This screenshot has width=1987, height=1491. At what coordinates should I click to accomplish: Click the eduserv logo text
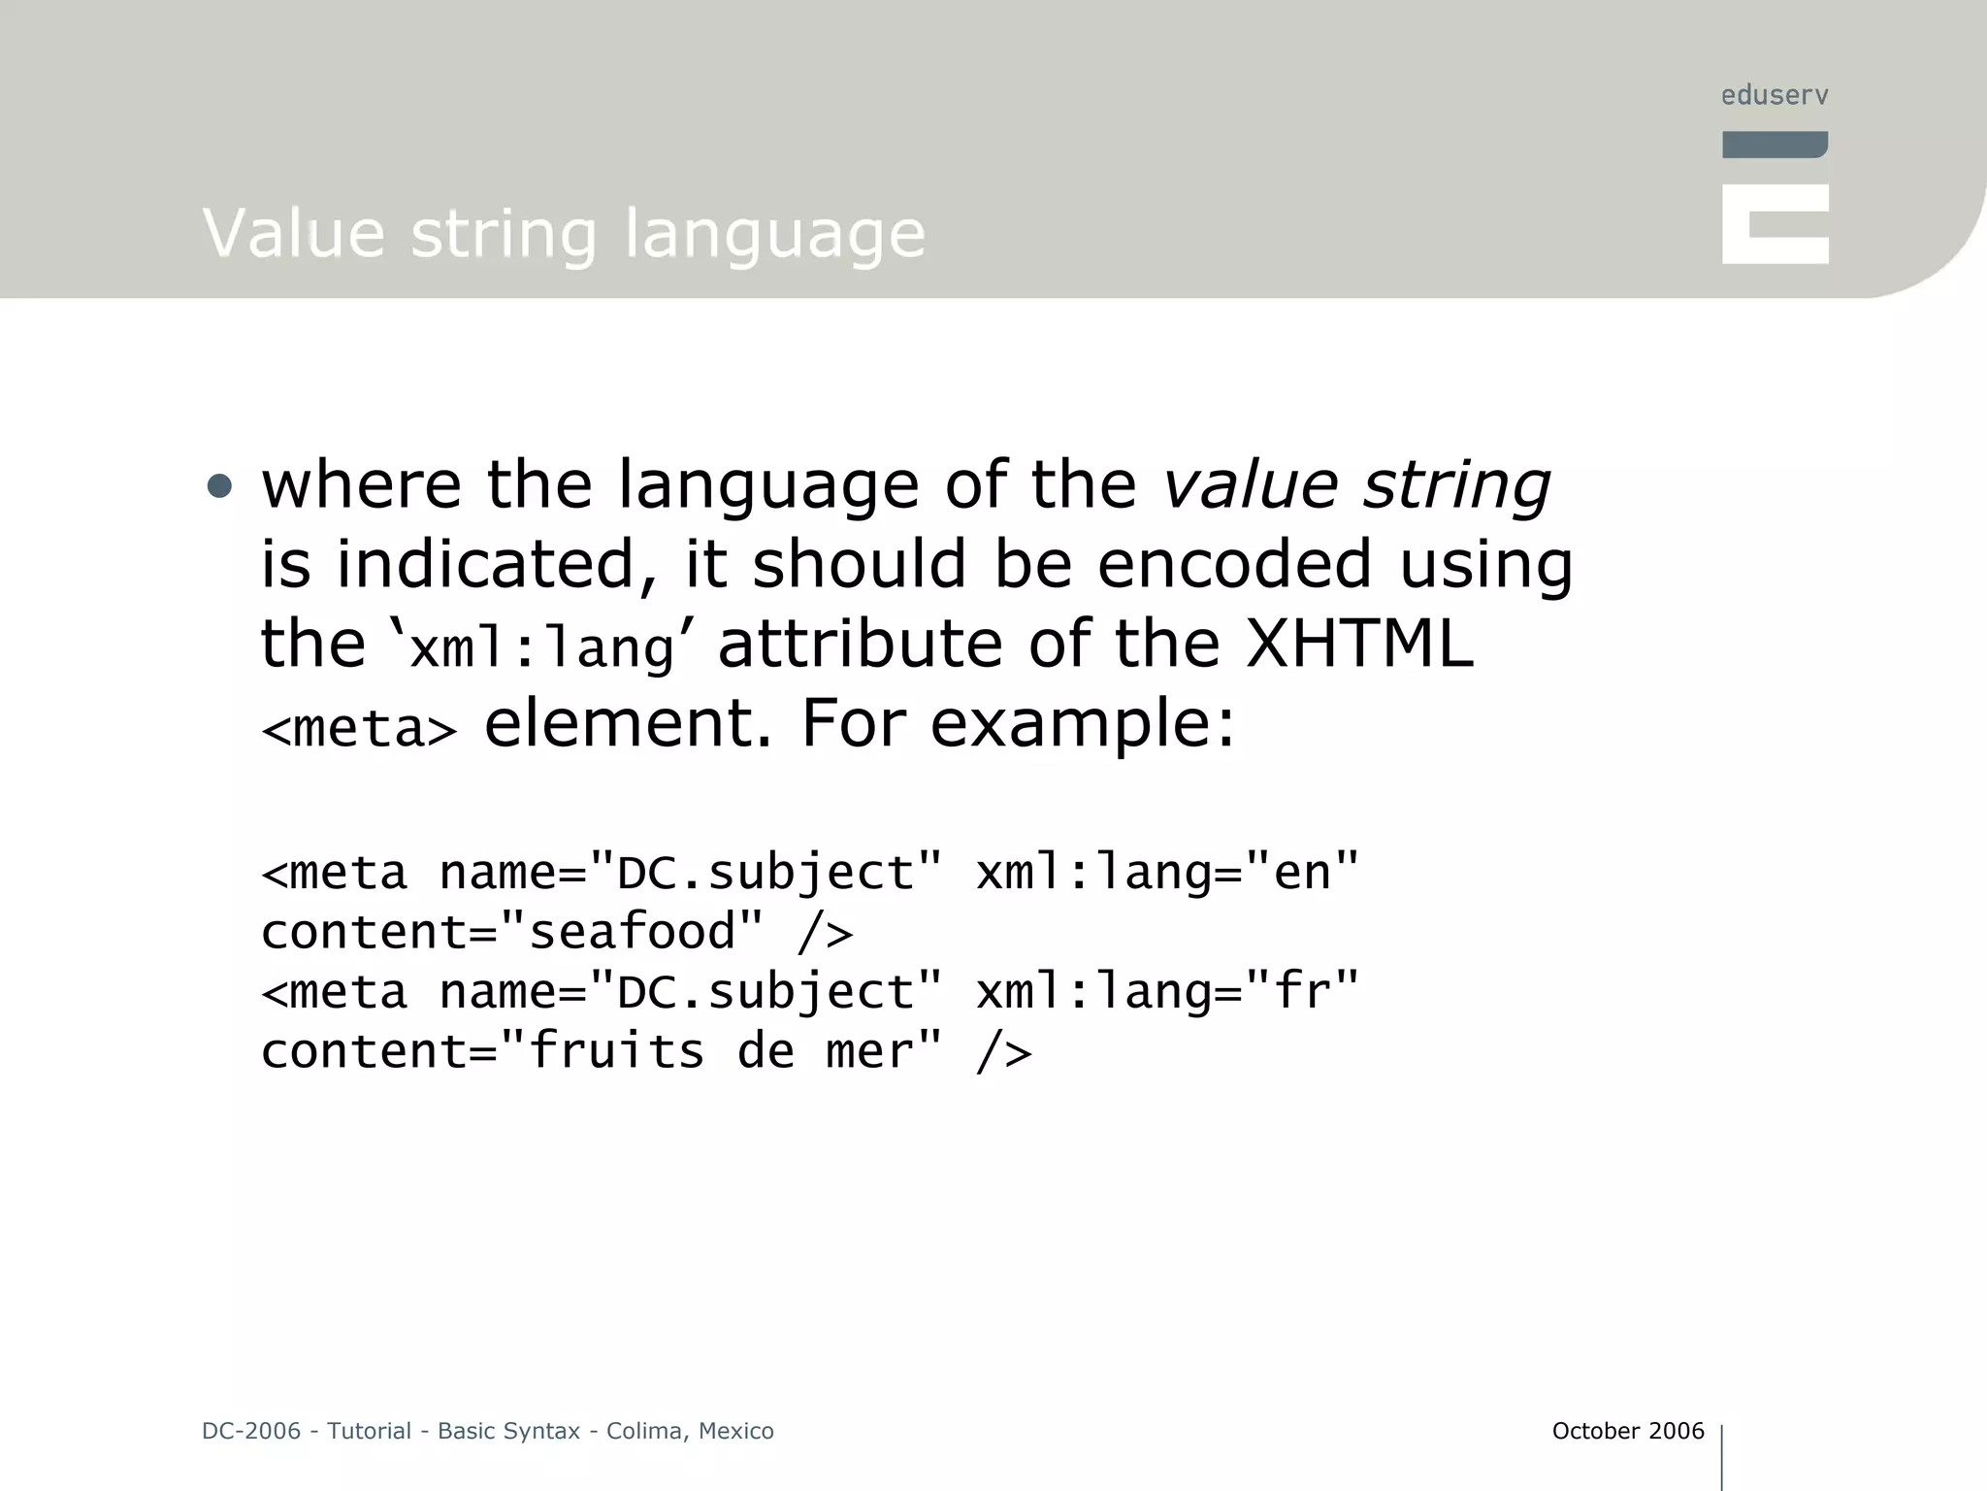click(1774, 95)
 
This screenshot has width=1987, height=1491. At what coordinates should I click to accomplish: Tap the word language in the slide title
click(774, 235)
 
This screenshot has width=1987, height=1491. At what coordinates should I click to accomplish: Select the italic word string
click(1455, 485)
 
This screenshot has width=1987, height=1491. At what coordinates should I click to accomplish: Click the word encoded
click(1233, 564)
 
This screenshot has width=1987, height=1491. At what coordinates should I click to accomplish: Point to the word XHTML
click(1358, 644)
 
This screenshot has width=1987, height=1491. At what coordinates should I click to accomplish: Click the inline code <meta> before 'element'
click(359, 728)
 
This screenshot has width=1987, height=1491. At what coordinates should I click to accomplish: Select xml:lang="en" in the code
click(1167, 872)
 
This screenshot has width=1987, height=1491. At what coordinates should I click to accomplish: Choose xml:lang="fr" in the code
click(1167, 991)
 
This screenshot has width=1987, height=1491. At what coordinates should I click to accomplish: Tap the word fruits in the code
click(616, 1051)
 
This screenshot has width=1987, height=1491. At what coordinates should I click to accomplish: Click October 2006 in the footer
click(1627, 1431)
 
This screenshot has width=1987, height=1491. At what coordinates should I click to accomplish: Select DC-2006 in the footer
click(251, 1431)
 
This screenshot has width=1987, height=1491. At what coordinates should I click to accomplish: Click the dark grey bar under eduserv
click(1775, 145)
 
